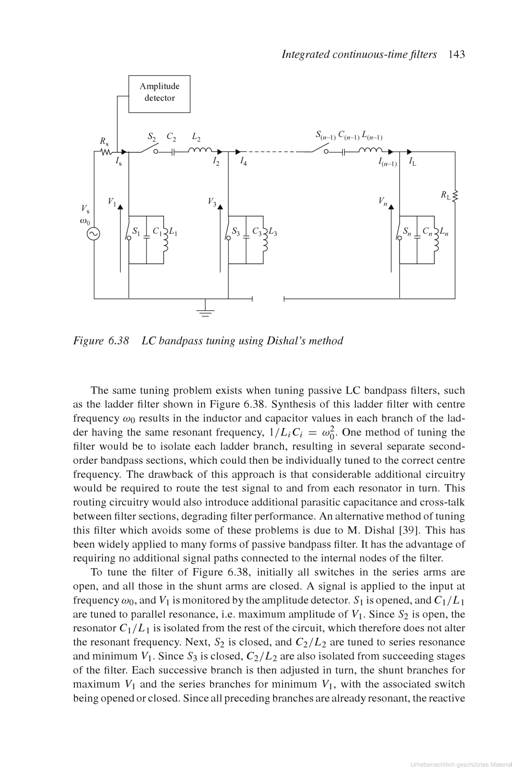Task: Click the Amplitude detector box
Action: [159, 94]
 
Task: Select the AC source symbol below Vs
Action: [93, 234]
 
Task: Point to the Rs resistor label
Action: [104, 141]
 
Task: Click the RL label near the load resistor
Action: [446, 195]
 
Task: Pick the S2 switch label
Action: [152, 137]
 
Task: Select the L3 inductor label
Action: [273, 232]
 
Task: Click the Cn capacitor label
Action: [427, 231]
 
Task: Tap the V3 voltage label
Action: [212, 201]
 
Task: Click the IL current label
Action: [412, 162]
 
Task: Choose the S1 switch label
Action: [136, 232]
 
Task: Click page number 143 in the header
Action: [456, 55]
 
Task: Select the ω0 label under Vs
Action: [85, 221]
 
